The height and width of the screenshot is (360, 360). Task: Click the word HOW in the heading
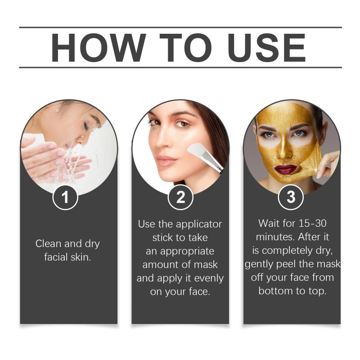click(x=99, y=48)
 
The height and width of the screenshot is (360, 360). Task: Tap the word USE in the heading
click(x=266, y=48)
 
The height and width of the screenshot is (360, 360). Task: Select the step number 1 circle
click(x=65, y=198)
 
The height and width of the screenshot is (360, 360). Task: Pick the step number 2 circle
click(x=180, y=198)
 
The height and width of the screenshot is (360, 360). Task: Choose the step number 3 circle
click(x=291, y=197)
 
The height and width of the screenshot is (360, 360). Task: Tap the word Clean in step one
click(x=49, y=243)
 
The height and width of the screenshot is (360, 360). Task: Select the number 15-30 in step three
click(x=312, y=223)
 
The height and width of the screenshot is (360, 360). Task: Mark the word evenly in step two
click(x=209, y=279)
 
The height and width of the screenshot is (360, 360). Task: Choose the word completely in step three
click(x=288, y=251)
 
